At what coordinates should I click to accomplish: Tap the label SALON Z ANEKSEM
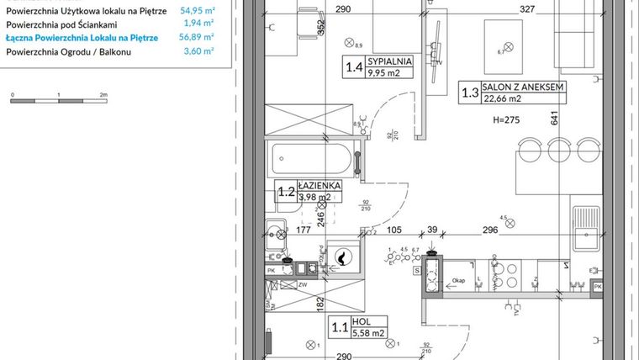click(522, 87)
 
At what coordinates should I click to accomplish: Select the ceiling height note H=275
click(508, 120)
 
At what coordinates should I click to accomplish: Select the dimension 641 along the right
click(555, 118)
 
